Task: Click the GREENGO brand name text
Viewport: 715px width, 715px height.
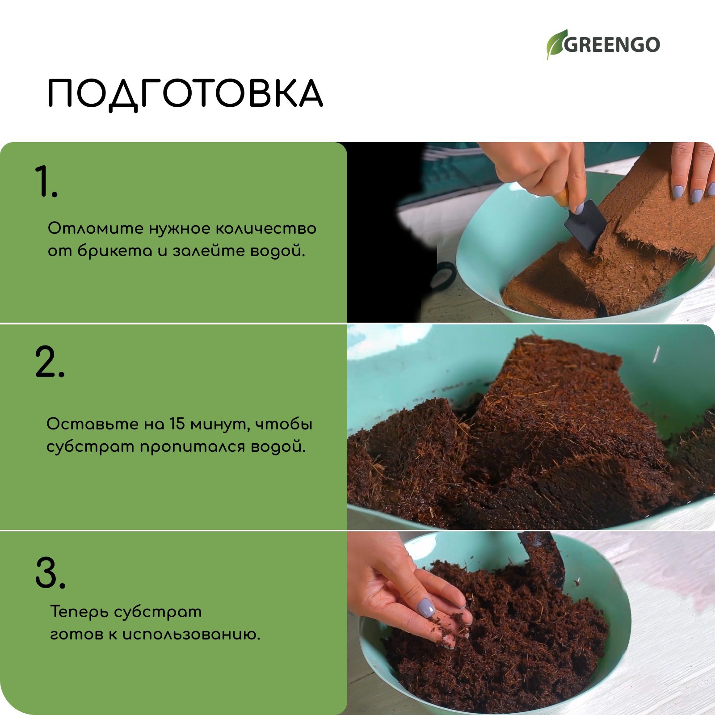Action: coord(611,45)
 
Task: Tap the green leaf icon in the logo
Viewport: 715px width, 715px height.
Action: coord(556,45)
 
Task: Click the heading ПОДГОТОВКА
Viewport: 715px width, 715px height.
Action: coord(185,93)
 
